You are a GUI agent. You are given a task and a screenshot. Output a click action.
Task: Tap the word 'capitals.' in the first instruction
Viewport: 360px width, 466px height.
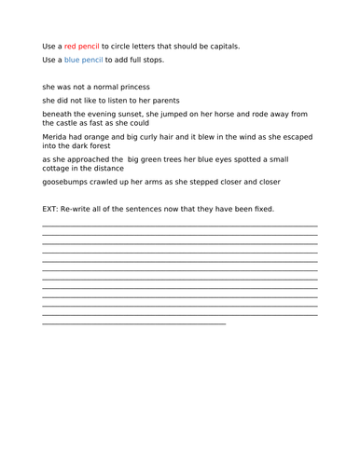click(x=220, y=46)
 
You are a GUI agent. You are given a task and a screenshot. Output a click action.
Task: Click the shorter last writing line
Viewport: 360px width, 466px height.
click(x=134, y=323)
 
